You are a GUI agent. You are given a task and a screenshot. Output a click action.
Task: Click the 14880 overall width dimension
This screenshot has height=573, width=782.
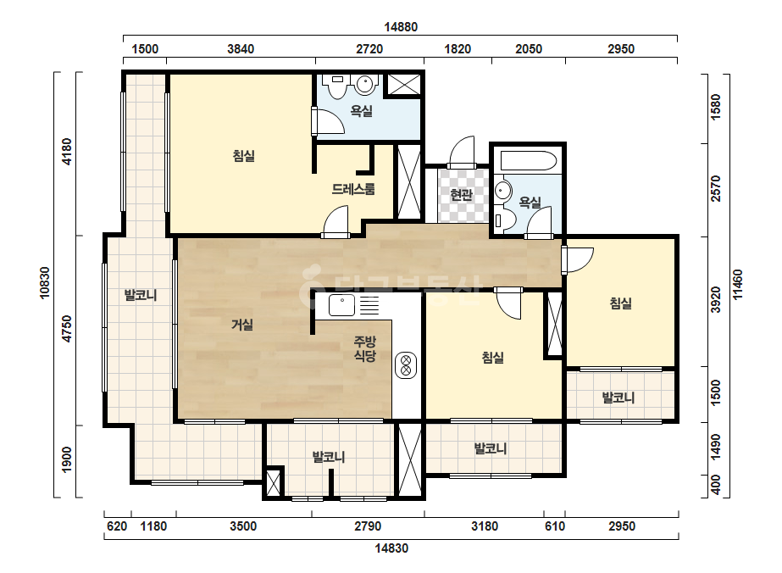pyautogui.click(x=401, y=27)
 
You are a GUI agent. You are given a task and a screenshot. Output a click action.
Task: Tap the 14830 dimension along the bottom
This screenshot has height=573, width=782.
pyautogui.click(x=391, y=548)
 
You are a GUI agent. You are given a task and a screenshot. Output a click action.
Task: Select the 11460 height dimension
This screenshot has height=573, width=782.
pyautogui.click(x=738, y=285)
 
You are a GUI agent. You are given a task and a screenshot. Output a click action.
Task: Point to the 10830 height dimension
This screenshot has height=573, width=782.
pyautogui.click(x=45, y=283)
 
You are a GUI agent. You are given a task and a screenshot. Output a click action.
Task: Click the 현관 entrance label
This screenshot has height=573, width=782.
pyautogui.click(x=461, y=194)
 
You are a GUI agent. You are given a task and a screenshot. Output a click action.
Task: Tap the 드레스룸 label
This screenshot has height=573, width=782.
pyautogui.click(x=353, y=189)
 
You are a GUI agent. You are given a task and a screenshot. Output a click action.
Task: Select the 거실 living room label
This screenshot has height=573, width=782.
pyautogui.click(x=242, y=325)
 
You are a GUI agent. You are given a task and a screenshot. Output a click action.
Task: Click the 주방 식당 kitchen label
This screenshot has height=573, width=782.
pyautogui.click(x=364, y=349)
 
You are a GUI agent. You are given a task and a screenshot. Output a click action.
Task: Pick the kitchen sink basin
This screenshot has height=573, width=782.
pyautogui.click(x=341, y=304)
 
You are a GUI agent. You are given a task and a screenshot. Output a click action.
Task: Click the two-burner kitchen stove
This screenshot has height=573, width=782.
pyautogui.click(x=406, y=365)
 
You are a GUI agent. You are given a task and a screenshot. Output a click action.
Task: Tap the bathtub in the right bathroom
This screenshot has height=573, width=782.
pyautogui.click(x=529, y=161)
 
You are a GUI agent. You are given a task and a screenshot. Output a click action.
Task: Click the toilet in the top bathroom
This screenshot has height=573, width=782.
pyautogui.click(x=338, y=86)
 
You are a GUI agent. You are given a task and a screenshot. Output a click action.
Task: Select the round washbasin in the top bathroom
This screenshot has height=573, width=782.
pyautogui.click(x=365, y=85)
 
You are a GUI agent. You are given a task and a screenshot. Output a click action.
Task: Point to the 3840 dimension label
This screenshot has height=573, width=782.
pyautogui.click(x=241, y=49)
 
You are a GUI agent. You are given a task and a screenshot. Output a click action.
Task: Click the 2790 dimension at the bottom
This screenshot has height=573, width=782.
pyautogui.click(x=368, y=526)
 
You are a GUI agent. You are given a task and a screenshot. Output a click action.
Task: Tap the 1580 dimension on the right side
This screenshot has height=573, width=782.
pyautogui.click(x=716, y=108)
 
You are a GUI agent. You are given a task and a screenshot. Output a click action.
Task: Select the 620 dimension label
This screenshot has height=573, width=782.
pyautogui.click(x=117, y=526)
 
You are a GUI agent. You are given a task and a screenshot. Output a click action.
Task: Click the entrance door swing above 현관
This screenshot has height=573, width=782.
pyautogui.click(x=462, y=152)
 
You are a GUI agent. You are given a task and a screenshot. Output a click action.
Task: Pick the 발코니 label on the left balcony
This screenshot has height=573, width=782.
pyautogui.click(x=141, y=295)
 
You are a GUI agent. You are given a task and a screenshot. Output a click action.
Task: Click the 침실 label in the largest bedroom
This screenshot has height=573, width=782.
pyautogui.click(x=244, y=156)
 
